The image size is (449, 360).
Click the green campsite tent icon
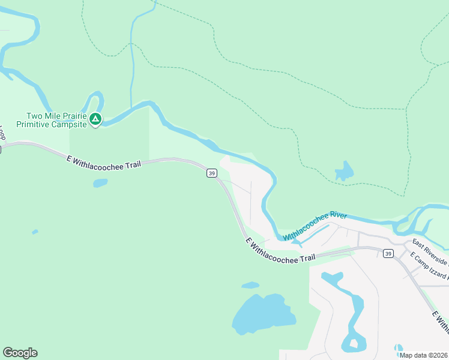95,119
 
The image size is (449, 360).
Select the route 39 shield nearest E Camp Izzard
388,254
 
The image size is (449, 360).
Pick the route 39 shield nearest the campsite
211,173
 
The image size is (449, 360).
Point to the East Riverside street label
430,252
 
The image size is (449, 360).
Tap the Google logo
20,353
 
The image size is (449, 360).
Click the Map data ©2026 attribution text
423,355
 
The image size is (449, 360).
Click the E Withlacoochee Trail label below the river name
280,250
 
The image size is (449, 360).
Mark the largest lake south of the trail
263,314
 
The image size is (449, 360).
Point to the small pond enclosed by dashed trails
344,172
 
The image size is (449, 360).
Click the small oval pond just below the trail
100,183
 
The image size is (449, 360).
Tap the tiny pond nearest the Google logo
35,232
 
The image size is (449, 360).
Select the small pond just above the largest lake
251,286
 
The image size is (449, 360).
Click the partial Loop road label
2,133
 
